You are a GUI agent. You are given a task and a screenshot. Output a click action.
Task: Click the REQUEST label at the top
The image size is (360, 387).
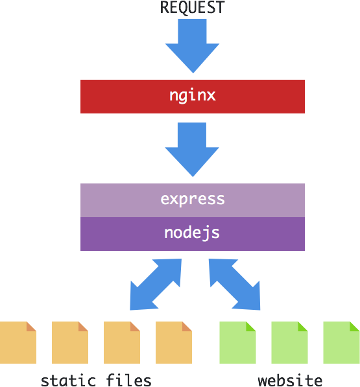193,7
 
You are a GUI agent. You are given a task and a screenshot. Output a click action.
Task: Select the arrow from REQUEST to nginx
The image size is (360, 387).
193,46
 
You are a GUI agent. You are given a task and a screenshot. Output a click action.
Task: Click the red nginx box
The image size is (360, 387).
193,97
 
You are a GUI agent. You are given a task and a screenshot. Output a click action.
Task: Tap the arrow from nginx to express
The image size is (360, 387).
192,150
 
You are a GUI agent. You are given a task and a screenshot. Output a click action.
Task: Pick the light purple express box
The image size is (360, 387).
193,200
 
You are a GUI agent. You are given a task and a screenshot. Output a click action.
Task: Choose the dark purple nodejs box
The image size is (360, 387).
193,234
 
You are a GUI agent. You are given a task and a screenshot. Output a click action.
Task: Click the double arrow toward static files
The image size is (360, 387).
156,285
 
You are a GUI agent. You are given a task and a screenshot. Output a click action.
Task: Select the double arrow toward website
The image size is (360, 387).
235,285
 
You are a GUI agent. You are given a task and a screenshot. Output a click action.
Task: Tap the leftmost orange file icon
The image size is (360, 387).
18,342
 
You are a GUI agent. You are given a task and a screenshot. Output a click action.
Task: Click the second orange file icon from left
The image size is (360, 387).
70,342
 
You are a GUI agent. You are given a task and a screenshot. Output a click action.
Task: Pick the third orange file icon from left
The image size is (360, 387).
122,342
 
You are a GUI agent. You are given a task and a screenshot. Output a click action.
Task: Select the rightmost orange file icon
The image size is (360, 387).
174,342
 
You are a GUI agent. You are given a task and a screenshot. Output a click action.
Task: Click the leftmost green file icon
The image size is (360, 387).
237,342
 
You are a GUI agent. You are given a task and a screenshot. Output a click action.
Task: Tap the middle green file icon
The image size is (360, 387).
289,342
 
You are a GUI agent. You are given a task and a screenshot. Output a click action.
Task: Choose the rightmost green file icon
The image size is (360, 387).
341,342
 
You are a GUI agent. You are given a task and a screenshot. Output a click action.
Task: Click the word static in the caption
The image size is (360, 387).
68,380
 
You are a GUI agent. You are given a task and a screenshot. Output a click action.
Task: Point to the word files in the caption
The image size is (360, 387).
128,380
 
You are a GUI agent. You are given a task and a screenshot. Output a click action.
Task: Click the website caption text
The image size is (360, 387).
290,380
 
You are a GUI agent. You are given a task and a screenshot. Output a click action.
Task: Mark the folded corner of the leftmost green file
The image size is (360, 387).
250,327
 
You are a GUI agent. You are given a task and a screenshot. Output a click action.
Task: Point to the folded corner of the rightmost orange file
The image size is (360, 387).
186,327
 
